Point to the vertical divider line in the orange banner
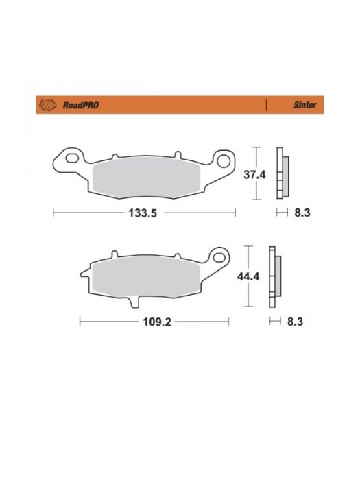pyautogui.click(x=265, y=106)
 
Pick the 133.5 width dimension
pyautogui.click(x=144, y=213)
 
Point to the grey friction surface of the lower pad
pyautogui.click(x=151, y=278)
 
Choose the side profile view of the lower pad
pyautogui.click(x=274, y=277)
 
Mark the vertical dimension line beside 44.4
pyautogui.click(x=248, y=277)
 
